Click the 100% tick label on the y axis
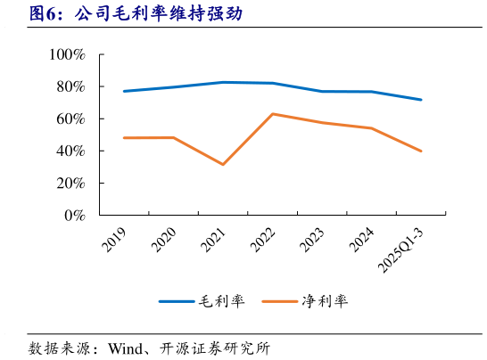point(67,54)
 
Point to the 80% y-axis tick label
point(70,86)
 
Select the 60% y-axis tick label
point(70,119)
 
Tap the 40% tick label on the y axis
point(70,151)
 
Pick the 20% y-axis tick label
point(70,183)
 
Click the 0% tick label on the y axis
point(74,215)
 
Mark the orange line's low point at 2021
point(222,164)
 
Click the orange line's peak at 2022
point(272,114)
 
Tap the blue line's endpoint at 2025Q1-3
point(421,100)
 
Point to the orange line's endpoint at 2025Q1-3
point(421,151)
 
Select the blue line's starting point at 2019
point(124,91)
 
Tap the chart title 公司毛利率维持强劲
point(156,14)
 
